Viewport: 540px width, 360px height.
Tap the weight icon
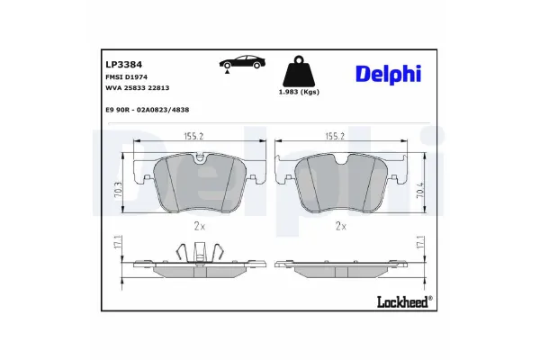(298, 71)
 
